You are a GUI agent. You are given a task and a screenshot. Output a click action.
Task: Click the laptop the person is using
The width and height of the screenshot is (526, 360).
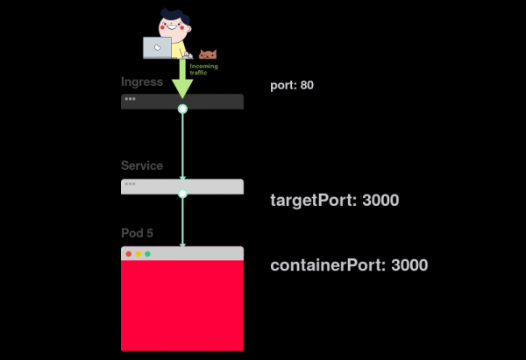pos(157,47)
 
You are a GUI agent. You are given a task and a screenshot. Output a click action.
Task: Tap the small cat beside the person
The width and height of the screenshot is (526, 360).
pos(208,54)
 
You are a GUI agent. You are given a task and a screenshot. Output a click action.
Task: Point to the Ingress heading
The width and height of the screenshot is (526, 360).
pos(142,82)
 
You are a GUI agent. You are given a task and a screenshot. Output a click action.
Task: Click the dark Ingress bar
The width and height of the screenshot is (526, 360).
pos(149,101)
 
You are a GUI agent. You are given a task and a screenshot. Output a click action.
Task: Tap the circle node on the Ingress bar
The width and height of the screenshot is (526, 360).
pos(182,109)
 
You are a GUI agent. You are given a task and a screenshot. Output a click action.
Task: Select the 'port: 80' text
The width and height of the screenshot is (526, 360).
pos(292,86)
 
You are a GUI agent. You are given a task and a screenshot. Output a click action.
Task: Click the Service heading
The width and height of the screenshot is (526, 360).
pos(142,166)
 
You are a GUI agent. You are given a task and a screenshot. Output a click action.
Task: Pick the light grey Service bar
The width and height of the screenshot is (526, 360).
pos(149,186)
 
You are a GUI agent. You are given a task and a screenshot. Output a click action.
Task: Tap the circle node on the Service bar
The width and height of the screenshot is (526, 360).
pos(182,194)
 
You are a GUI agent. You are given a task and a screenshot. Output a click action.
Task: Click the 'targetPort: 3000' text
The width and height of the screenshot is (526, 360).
pos(334,201)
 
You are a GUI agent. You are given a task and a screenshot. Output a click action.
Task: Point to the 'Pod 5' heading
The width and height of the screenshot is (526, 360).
pos(138,233)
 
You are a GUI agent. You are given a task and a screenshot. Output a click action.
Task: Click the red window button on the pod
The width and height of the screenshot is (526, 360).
pos(129,254)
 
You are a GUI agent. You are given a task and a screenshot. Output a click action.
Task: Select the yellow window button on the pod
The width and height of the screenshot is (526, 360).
pos(138,254)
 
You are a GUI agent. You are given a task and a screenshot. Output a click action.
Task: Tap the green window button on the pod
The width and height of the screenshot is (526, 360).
pos(147,254)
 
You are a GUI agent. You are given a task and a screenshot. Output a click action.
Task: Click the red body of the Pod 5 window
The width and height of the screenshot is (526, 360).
pos(182,307)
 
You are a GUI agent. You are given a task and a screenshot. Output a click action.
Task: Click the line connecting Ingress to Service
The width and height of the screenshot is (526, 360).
pos(182,145)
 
